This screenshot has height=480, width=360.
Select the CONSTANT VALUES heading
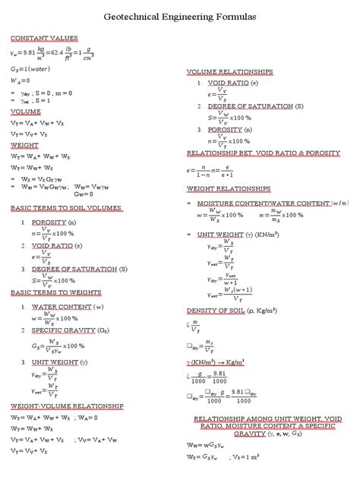(x=44, y=38)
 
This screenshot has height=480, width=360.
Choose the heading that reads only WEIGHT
(x=25, y=144)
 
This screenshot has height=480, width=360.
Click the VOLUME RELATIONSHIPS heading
(x=229, y=71)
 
